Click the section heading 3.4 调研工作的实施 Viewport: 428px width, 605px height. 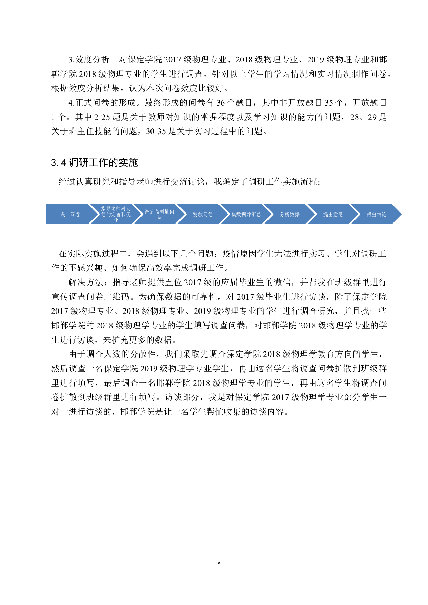(95, 162)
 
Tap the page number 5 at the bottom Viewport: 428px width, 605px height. (219, 564)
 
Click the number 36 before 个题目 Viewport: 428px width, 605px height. (221, 103)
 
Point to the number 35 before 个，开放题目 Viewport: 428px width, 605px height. (329, 103)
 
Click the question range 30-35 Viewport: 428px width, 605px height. (156, 131)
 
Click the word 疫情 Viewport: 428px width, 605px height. (231, 254)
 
